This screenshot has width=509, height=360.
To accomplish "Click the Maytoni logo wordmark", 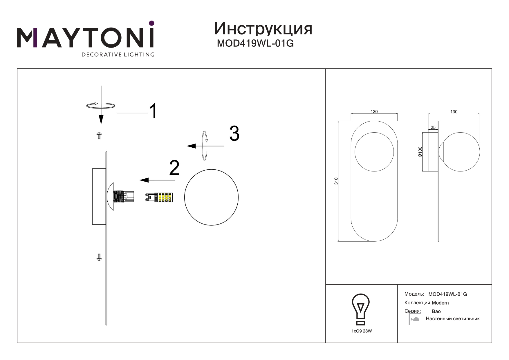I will click(x=86, y=38).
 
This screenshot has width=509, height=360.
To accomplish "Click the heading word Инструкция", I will click(x=263, y=29).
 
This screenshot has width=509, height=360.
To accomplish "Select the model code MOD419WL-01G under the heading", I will click(x=255, y=43).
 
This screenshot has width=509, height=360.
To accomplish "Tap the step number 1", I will click(x=153, y=111).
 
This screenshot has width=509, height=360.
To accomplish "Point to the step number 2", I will click(x=174, y=168).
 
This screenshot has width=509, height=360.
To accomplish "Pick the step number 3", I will click(x=234, y=134).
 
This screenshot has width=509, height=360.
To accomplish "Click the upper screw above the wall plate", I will click(x=99, y=135).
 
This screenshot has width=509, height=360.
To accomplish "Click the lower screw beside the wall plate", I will click(x=99, y=257).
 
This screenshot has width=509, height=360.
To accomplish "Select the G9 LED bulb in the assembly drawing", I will click(x=159, y=197).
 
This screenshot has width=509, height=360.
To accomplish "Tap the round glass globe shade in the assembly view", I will click(x=211, y=198).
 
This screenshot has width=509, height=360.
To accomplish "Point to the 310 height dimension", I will click(x=336, y=181).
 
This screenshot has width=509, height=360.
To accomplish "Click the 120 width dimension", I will click(x=374, y=112).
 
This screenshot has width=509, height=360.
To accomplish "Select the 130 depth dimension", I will click(x=454, y=112).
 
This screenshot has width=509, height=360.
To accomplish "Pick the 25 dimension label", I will click(x=433, y=127).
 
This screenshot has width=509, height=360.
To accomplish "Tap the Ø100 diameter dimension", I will click(x=420, y=152).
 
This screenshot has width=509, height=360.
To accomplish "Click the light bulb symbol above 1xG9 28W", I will click(x=360, y=309).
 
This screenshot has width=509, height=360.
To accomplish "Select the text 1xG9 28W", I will click(x=361, y=331).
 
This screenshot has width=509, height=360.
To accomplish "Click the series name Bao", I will click(x=436, y=312).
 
